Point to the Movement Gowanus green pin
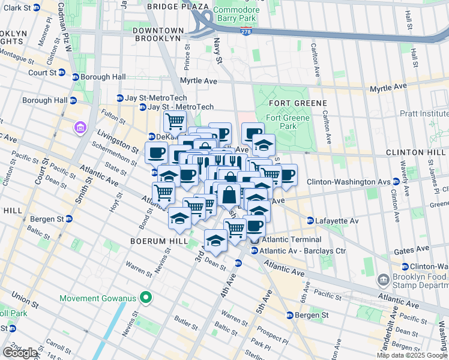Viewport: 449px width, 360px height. pos(145,298)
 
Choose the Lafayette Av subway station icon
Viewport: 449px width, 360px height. pos(310,221)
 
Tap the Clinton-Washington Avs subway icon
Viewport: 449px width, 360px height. pos(396,182)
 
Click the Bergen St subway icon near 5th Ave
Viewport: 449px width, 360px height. pos(289,315)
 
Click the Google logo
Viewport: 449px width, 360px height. pos(20,353)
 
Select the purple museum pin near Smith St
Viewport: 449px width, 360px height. pos(79,127)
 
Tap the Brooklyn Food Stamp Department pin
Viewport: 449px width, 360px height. pos(383,280)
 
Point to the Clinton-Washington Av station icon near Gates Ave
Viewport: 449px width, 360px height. pos(405,266)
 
